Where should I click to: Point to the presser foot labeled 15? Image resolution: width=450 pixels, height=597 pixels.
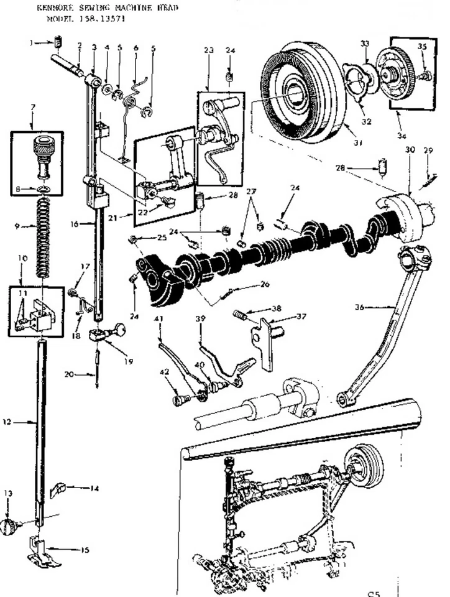point(45,554)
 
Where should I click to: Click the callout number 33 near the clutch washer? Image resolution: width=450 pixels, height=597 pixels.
point(365,43)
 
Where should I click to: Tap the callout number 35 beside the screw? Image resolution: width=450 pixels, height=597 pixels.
point(422,46)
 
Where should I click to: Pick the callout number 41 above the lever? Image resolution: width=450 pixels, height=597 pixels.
point(158,320)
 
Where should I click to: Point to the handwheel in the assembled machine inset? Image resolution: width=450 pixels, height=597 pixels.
point(365,465)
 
